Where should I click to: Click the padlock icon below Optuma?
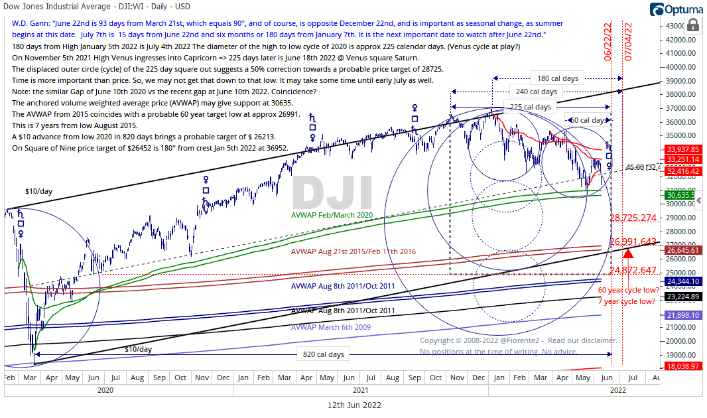[692, 25]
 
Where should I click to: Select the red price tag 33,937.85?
[683, 149]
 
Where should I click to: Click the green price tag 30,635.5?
[683, 195]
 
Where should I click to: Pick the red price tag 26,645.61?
[683, 250]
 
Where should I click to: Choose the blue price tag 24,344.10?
[683, 281]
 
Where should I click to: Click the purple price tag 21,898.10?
[683, 314]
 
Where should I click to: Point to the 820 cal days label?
[323, 354]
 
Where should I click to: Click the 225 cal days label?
[530, 107]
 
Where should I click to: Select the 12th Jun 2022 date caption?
[355, 405]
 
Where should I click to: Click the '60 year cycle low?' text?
[627, 291]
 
